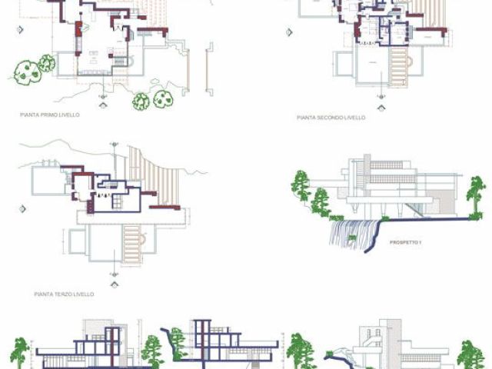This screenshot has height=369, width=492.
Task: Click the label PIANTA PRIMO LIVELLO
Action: (x=50, y=114)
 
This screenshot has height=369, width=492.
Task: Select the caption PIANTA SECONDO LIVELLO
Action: (x=331, y=118)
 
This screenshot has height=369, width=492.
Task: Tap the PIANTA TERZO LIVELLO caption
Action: (x=64, y=294)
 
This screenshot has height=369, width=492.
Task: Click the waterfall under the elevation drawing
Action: (x=354, y=231)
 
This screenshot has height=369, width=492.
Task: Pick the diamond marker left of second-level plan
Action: (x=289, y=33)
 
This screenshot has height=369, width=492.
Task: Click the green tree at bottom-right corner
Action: (x=470, y=354)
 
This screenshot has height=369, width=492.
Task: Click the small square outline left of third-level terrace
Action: (x=75, y=242)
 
